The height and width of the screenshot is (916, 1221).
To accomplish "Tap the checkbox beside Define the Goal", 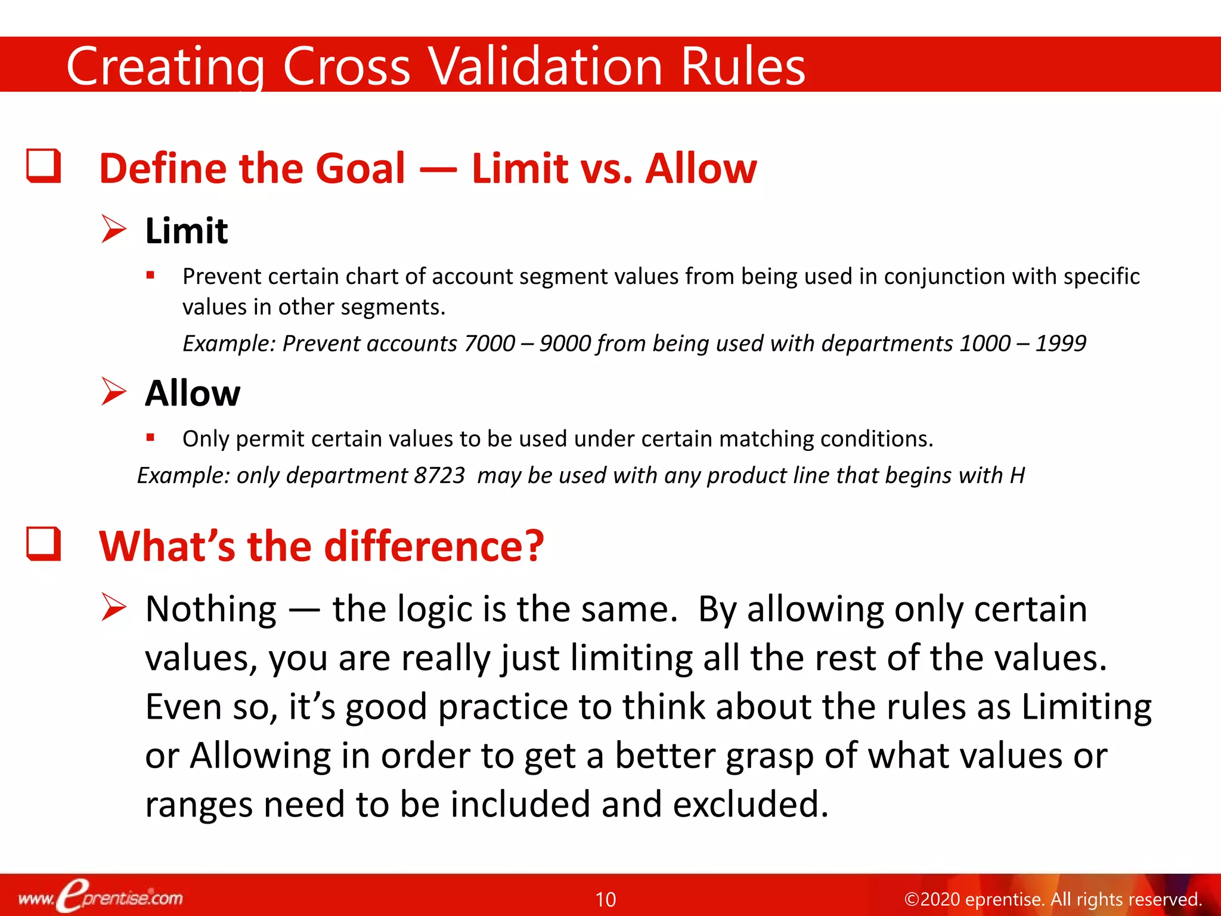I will pos(44,166).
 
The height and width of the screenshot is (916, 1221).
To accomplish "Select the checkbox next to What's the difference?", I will pos(44,544).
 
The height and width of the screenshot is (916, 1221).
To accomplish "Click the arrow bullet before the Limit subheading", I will pos(113,230).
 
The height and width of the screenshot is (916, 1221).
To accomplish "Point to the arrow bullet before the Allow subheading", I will pos(113,392).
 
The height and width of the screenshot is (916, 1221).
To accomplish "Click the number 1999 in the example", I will pos(1061,343).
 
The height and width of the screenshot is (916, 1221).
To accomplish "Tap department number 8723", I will pos(439,476).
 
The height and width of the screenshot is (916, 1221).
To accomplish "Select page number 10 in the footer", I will pos(606,899).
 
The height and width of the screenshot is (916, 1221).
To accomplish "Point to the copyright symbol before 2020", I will pos(912,899).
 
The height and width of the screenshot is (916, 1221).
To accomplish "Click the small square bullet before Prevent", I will pos(150,276).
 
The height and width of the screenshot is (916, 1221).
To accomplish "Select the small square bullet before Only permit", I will pos(150,438).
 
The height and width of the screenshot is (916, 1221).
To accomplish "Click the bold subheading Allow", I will pos(193,394).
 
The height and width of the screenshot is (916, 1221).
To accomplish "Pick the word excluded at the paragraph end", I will pos(750,804).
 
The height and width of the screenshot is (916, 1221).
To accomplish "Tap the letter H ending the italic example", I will pos(1017,476).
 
